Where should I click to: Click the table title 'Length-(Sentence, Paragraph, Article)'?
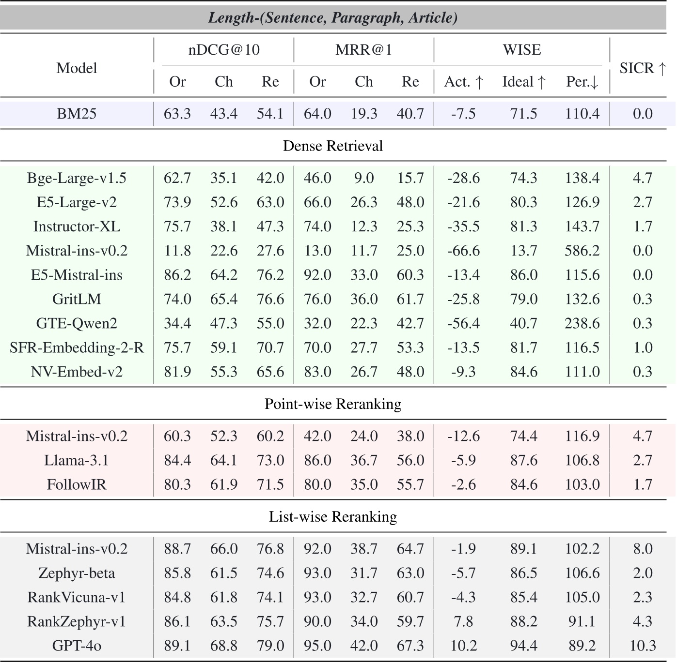click(333, 18)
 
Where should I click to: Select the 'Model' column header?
click(77, 68)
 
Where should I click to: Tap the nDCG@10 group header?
click(224, 50)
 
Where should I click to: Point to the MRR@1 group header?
click(363, 50)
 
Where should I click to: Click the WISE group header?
click(521, 50)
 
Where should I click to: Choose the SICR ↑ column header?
click(643, 68)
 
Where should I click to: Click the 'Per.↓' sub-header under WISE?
click(582, 82)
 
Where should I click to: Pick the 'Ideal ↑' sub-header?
click(523, 82)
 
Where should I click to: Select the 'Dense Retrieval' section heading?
click(333, 146)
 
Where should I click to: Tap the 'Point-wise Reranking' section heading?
click(333, 404)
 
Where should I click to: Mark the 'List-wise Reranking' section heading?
click(333, 517)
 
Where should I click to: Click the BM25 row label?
click(77, 114)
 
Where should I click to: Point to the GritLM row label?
click(77, 299)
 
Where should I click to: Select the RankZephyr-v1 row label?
click(77, 621)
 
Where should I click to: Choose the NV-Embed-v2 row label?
click(77, 372)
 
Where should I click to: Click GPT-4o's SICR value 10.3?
click(643, 646)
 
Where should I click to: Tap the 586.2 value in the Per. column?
click(582, 251)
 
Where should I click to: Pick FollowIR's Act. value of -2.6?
click(463, 484)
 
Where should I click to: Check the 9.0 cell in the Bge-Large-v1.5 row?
click(363, 178)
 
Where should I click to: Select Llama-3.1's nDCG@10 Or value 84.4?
click(177, 460)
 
